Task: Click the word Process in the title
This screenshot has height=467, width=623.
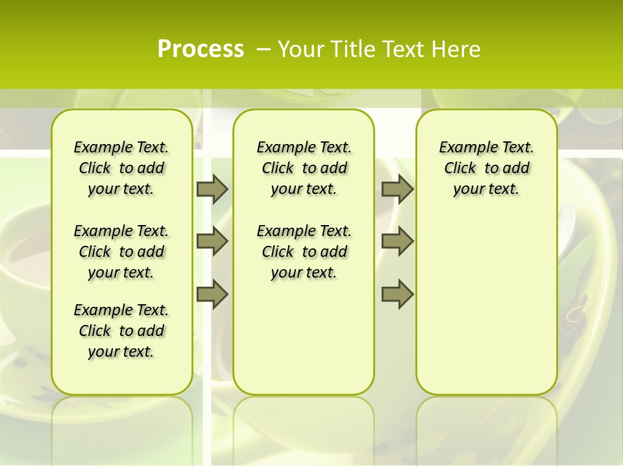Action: pos(201,49)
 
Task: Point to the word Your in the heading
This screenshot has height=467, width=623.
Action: pos(300,49)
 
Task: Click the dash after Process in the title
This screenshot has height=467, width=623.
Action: pos(263,49)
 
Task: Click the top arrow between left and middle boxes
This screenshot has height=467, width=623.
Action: pos(212,189)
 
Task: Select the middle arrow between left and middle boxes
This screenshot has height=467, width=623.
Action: pos(212,242)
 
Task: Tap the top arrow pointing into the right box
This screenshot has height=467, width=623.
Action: pos(397,189)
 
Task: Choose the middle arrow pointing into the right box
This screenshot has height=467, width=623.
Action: pos(397,242)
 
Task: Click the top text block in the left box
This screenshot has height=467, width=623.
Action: pos(121,168)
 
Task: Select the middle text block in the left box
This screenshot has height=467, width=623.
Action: pos(121,252)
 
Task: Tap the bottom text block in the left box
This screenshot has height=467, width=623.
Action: pos(121,331)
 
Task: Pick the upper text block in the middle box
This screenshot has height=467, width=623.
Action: pos(304,168)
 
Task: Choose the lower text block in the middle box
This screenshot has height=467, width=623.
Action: pos(304,252)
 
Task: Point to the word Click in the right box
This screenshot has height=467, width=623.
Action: pos(460,168)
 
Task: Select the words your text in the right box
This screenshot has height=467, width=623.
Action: pos(486,189)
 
